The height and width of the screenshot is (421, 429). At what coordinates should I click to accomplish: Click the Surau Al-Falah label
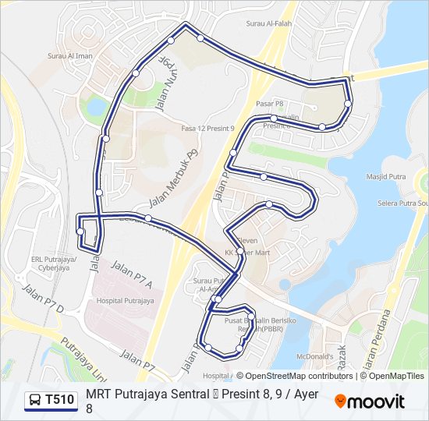[x=269, y=23]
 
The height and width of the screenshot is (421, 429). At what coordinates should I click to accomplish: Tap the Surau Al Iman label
[x=70, y=56]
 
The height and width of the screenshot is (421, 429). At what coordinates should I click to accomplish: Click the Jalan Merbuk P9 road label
[x=174, y=179]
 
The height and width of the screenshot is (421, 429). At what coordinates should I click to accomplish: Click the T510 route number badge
[x=60, y=400]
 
